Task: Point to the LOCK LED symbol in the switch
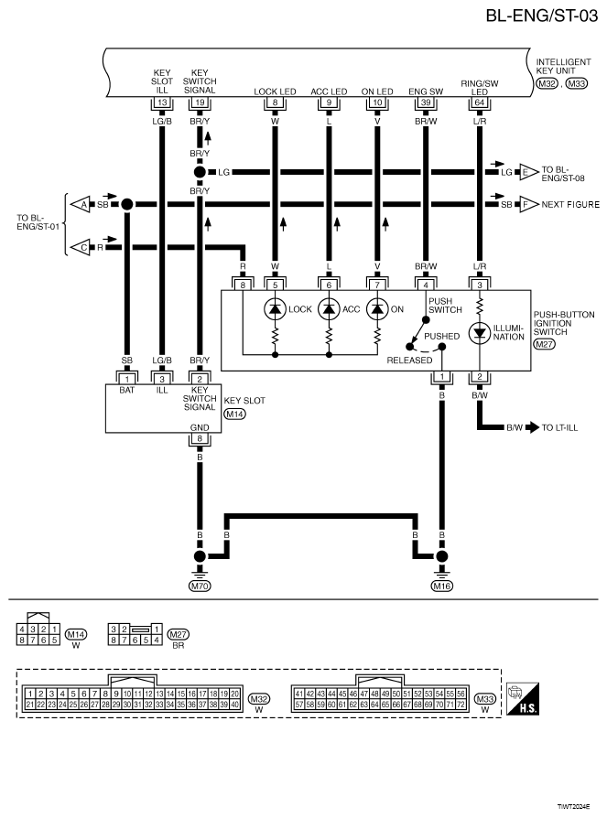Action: [x=275, y=308]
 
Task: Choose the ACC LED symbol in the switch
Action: [x=329, y=308]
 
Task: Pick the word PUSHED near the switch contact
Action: [x=441, y=337]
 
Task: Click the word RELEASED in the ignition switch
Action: [x=402, y=360]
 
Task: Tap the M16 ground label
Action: [x=443, y=585]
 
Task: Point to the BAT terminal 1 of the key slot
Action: [x=128, y=378]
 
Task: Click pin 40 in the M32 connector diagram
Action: [x=233, y=705]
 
